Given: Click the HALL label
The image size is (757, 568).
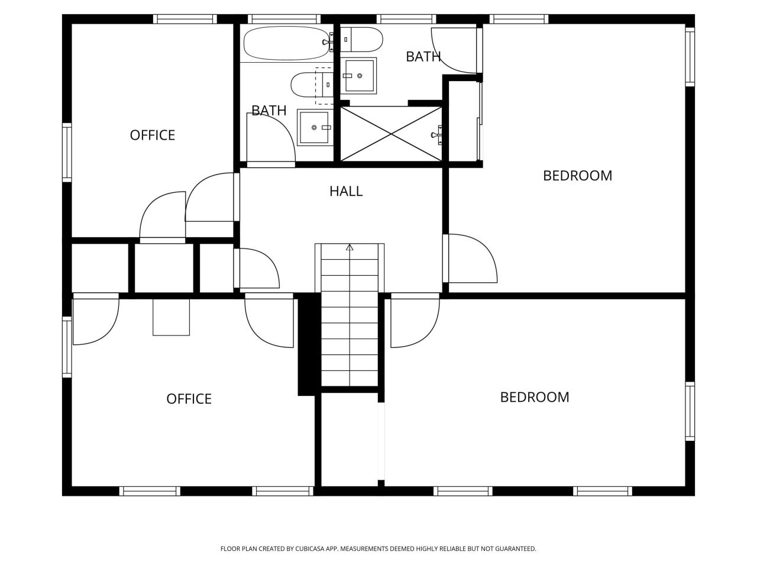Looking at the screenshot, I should [346, 191].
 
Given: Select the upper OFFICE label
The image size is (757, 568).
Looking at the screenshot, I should [153, 135].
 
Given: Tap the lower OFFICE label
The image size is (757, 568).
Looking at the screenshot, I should [189, 399].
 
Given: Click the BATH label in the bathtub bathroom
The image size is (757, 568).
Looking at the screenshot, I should [269, 111].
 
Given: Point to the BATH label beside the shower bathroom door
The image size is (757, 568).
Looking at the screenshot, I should [423, 57].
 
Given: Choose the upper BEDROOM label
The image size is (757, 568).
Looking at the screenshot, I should [577, 176].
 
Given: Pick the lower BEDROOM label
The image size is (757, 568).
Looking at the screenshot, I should [535, 397].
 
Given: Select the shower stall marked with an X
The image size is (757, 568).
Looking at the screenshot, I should [391, 134].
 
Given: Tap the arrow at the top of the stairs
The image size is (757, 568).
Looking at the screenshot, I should [350, 247].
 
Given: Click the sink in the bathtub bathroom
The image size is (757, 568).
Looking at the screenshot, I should [313, 127].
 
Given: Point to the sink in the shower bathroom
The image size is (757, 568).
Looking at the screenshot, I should [360, 76].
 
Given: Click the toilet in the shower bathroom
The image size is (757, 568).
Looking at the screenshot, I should [361, 40].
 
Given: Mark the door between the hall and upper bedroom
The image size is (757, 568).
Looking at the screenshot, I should [471, 259].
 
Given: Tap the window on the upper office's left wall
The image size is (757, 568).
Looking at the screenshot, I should [67, 152].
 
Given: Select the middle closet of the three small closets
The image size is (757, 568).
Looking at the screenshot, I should [164, 268].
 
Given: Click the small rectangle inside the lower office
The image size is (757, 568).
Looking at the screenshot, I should [171, 317].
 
